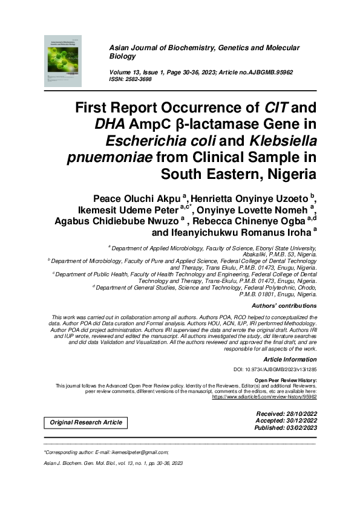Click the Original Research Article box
click(x=86, y=422)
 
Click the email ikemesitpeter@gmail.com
click(x=140, y=452)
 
